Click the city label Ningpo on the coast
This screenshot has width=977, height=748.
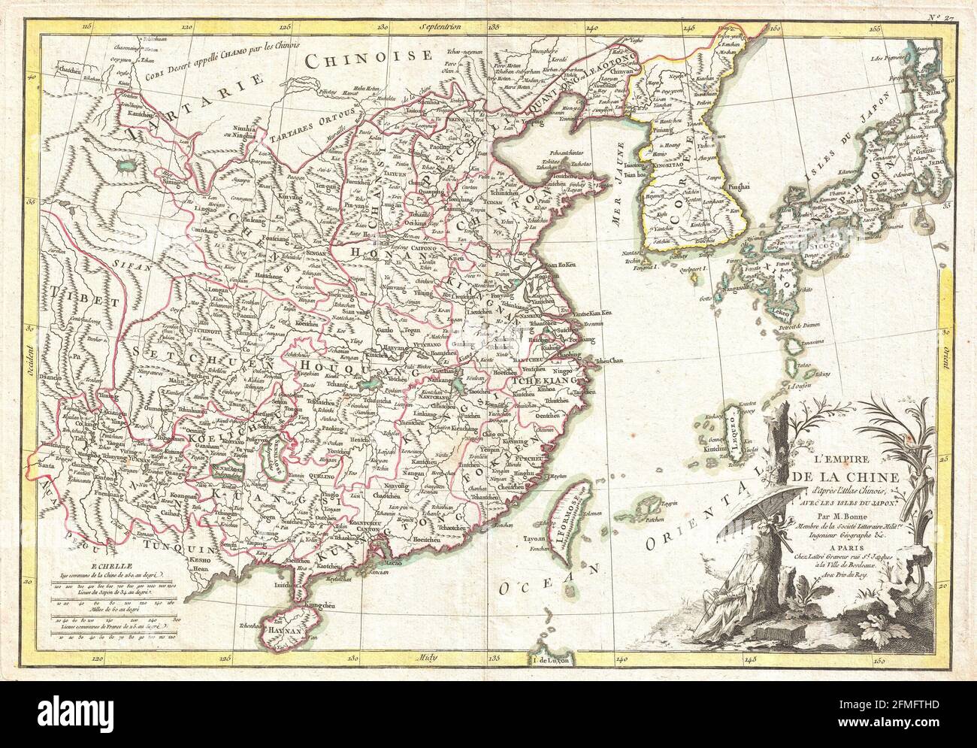pyautogui.click(x=568, y=368)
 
